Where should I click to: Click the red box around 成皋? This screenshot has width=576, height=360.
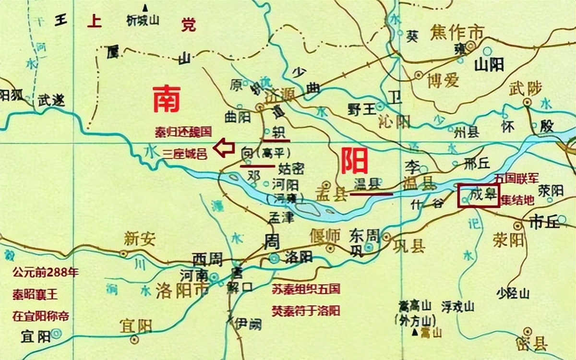pyautogui.click(x=478, y=195)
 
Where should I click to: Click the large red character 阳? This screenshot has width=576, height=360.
pyautogui.click(x=354, y=161)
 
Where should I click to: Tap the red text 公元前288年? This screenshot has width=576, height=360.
pyautogui.click(x=46, y=274)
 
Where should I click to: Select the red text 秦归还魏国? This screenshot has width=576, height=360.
pyautogui.click(x=183, y=131)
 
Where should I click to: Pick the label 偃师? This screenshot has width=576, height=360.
pyautogui.click(x=325, y=235)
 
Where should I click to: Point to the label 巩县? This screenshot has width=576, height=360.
pyautogui.click(x=409, y=246)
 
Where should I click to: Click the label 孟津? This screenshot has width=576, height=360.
pyautogui.click(x=281, y=217)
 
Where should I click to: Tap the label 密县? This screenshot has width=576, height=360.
pyautogui.click(x=534, y=344)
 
